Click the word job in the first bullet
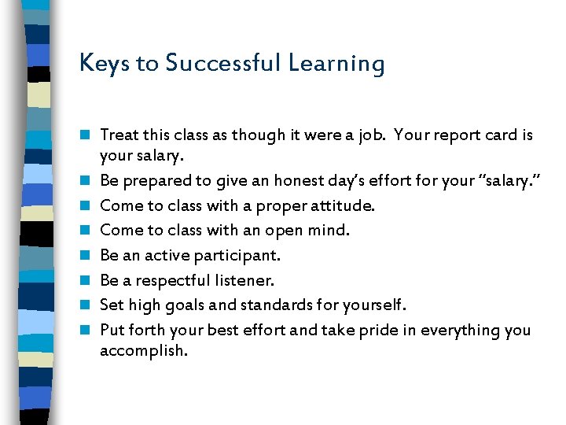coord(369,136)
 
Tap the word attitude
coord(345,206)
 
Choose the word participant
coord(241,256)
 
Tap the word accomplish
coord(144,350)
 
